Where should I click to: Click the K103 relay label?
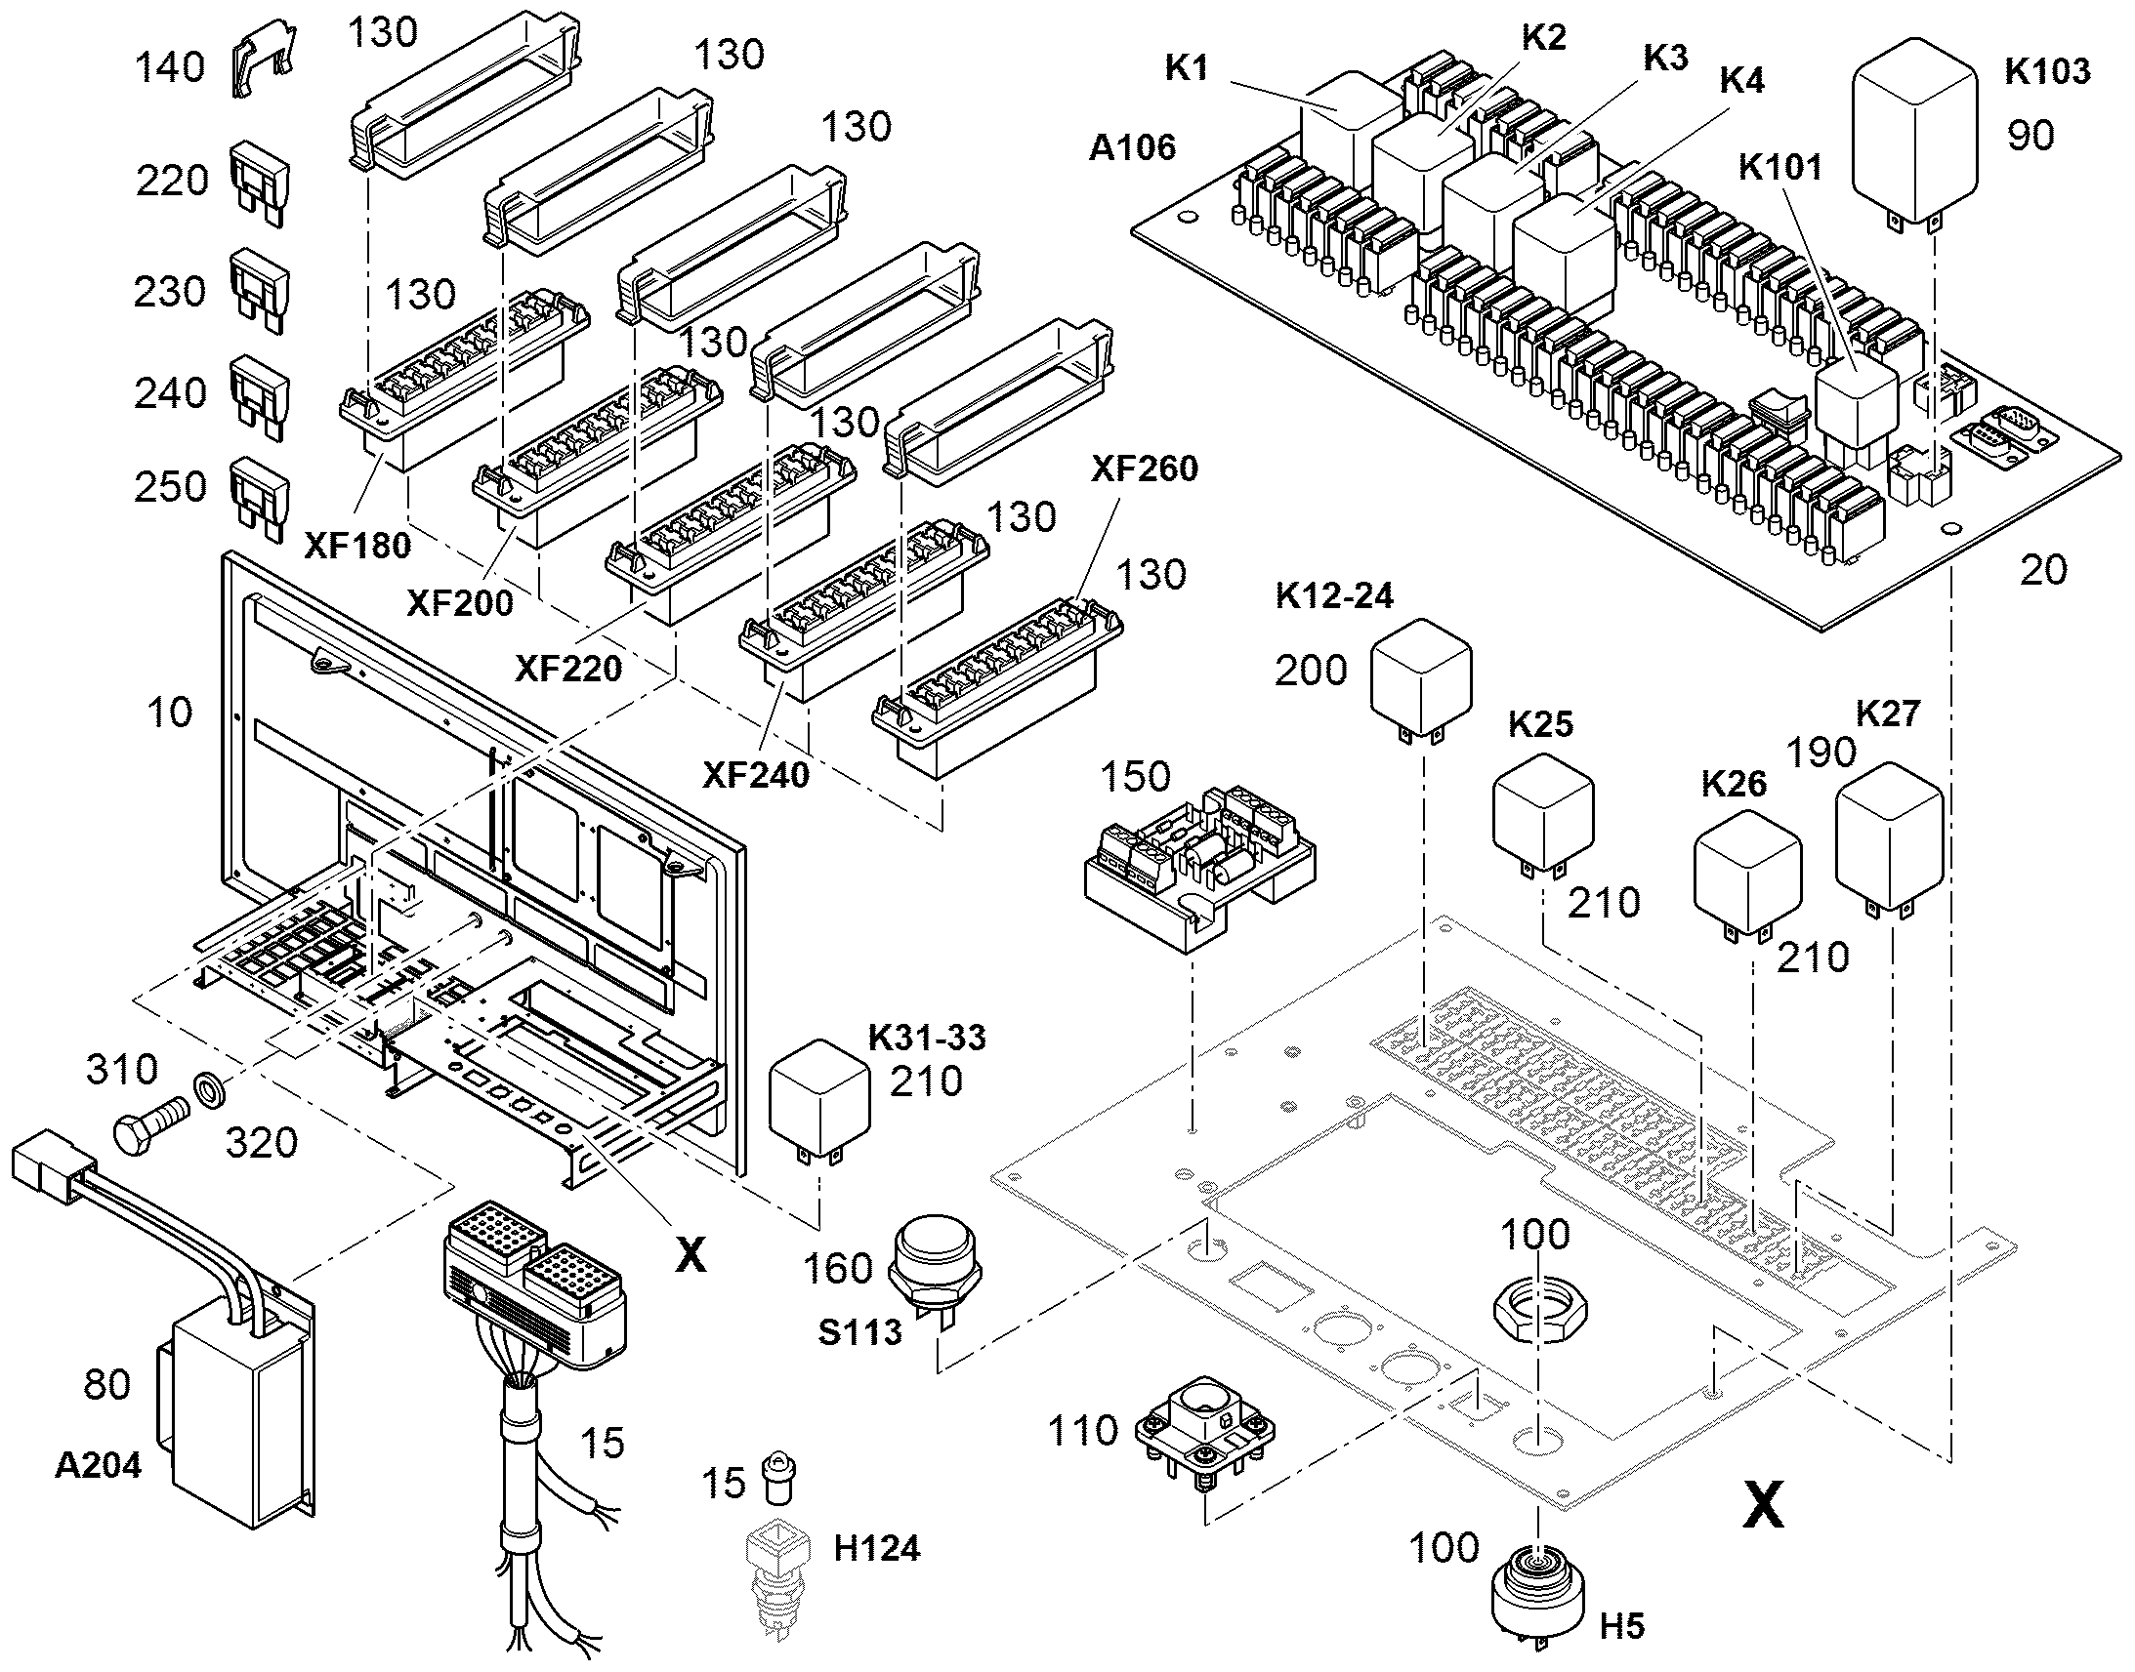click(x=2048, y=71)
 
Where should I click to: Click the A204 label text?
click(x=98, y=1464)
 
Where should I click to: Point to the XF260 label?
click(x=1145, y=469)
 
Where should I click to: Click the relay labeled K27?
click(x=1889, y=837)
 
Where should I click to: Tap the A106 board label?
click(x=1132, y=147)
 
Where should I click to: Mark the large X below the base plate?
click(x=1763, y=1503)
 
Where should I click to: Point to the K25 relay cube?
click(x=1543, y=814)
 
